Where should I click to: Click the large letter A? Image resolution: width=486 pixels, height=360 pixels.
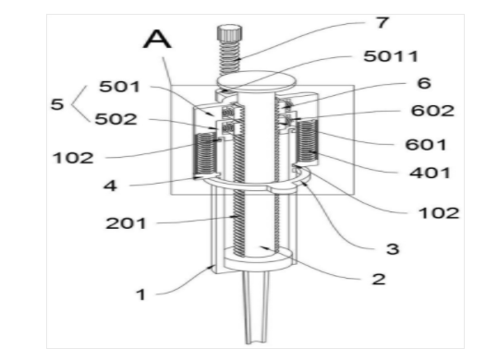[x=157, y=39]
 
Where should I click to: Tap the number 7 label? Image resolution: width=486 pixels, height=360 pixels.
[x=383, y=22]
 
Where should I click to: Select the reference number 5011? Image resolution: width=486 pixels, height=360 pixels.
[x=391, y=56]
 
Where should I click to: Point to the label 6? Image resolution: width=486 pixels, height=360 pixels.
[x=424, y=83]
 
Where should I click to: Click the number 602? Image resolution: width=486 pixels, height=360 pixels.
[x=432, y=111]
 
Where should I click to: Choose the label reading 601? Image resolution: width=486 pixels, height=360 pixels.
[x=426, y=145]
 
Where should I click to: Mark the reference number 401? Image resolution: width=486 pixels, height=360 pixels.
[x=430, y=173]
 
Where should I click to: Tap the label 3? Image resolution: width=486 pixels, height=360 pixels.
[x=393, y=249]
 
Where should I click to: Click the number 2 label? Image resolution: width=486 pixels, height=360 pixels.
[x=379, y=279]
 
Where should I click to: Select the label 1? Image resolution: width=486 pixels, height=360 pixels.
[x=141, y=294]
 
